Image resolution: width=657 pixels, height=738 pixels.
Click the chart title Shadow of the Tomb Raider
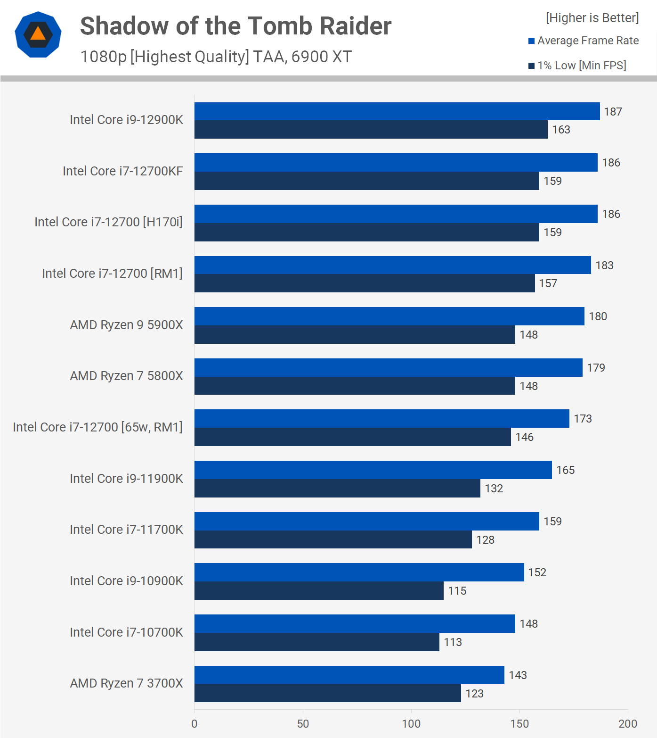click(235, 26)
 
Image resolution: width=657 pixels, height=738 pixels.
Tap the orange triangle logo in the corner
click(38, 34)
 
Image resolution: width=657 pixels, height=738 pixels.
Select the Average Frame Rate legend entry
click(584, 41)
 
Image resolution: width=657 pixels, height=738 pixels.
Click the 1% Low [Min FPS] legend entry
click(577, 66)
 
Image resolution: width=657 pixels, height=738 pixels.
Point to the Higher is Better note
click(592, 18)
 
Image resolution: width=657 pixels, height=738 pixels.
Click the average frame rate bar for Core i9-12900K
click(397, 111)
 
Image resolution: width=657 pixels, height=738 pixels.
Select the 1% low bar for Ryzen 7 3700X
click(327, 693)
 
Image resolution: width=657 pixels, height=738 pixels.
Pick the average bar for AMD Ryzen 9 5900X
click(389, 316)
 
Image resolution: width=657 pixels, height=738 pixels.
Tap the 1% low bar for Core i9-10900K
click(319, 591)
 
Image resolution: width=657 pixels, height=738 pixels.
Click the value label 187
click(613, 112)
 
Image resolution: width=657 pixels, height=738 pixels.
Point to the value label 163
click(561, 130)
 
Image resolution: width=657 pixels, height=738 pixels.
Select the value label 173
click(583, 419)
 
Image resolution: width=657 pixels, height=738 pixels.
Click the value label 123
click(474, 694)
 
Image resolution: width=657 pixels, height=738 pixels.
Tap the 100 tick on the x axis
click(411, 723)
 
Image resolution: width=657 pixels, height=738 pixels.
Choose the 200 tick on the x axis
click(627, 723)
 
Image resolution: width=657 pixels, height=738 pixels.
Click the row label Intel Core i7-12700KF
click(122, 171)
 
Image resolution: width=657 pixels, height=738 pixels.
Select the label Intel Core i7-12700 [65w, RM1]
click(97, 427)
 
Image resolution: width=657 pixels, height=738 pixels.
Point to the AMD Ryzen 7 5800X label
click(126, 376)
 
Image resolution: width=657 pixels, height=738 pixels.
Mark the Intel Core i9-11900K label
click(126, 479)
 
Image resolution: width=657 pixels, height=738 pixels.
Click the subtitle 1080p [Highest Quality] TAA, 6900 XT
click(216, 57)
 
